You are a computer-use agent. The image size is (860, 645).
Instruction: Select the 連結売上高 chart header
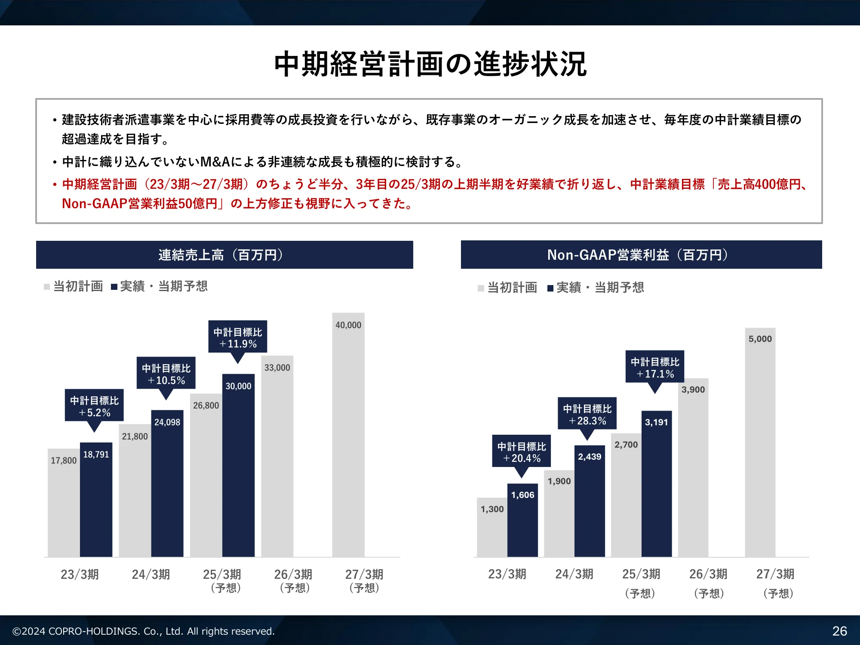click(224, 255)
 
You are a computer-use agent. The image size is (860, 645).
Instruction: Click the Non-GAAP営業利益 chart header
click(641, 255)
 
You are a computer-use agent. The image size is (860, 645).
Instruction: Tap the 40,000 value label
click(348, 325)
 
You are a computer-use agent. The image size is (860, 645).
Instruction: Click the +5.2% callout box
click(94, 406)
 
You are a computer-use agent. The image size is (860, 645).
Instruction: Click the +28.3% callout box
click(587, 414)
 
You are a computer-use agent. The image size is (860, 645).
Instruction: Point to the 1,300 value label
click(492, 509)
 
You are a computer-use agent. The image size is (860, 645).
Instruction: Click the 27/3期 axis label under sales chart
click(364, 574)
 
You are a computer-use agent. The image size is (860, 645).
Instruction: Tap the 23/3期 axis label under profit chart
click(507, 574)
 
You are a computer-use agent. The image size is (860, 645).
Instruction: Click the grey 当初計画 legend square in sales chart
click(47, 287)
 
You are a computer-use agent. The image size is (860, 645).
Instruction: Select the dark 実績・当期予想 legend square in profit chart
click(550, 288)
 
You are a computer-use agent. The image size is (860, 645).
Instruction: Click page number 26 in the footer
click(839, 631)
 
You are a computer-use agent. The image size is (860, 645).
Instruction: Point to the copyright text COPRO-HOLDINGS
click(143, 631)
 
